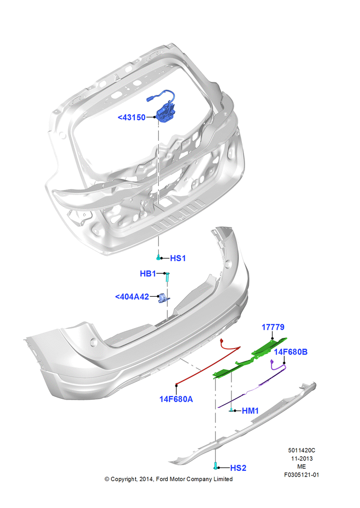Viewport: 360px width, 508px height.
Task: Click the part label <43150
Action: tap(131, 117)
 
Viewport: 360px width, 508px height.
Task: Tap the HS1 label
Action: tap(178, 258)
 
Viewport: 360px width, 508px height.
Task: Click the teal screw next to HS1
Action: tap(158, 258)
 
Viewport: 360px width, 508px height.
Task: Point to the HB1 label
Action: tap(147, 274)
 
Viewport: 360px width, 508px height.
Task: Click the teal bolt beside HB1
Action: tap(167, 277)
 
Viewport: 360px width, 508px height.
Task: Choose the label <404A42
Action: tap(132, 297)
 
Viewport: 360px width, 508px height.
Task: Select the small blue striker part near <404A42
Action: tap(163, 298)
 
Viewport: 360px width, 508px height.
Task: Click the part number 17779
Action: tap(273, 327)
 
